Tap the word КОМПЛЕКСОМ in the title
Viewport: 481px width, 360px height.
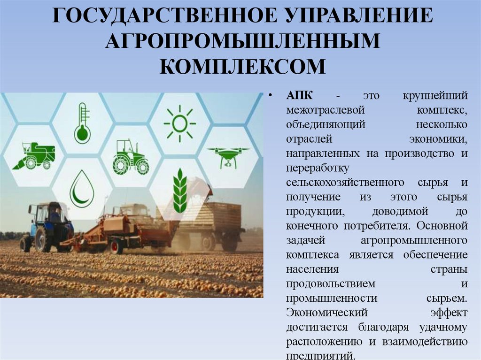pyautogui.click(x=242, y=66)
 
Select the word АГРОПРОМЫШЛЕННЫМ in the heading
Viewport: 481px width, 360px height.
pyautogui.click(x=242, y=41)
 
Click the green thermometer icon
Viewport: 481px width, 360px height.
pyautogui.click(x=83, y=123)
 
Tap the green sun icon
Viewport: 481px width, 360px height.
pyautogui.click(x=179, y=123)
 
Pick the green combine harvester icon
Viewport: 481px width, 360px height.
pyautogui.click(x=34, y=156)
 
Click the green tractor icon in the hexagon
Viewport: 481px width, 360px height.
pyautogui.click(x=130, y=157)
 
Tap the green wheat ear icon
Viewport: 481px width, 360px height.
pyautogui.click(x=179, y=190)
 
